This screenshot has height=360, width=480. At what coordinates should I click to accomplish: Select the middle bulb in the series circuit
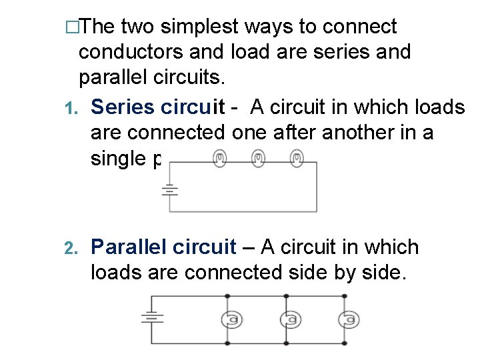click(x=258, y=158)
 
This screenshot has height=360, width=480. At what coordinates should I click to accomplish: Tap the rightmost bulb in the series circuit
click(x=297, y=158)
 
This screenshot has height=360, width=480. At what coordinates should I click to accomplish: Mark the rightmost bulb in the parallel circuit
click(x=347, y=320)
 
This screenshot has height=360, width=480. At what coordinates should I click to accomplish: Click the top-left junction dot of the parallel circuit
click(x=228, y=295)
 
